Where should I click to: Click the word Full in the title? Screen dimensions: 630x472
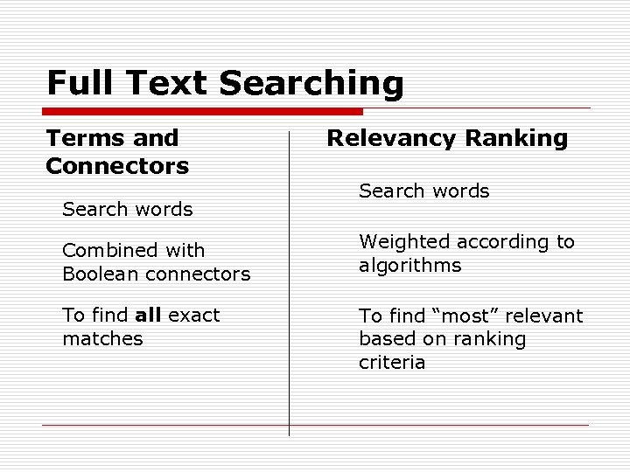tap(80, 83)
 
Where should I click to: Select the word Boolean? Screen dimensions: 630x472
tap(97, 274)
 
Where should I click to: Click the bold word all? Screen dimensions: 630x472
tap(148, 315)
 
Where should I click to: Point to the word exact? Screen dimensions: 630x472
tap(194, 315)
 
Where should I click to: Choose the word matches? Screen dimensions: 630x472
tap(102, 338)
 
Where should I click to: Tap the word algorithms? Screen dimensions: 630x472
tap(409, 265)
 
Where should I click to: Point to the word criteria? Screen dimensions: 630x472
tap(392, 362)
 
